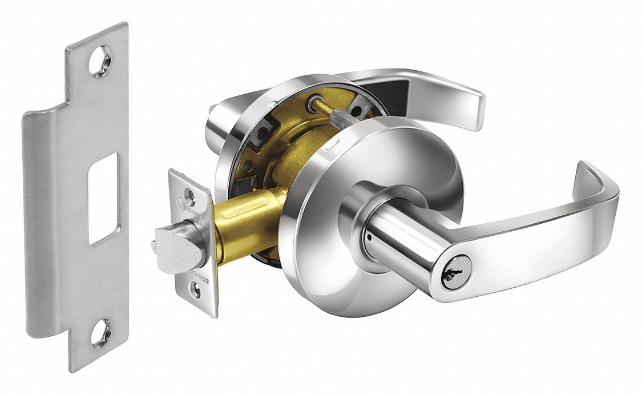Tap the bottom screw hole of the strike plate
click(x=100, y=333)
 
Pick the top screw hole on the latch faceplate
click(x=189, y=197)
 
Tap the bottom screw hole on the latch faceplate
click(x=196, y=291)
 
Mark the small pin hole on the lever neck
click(x=370, y=236)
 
